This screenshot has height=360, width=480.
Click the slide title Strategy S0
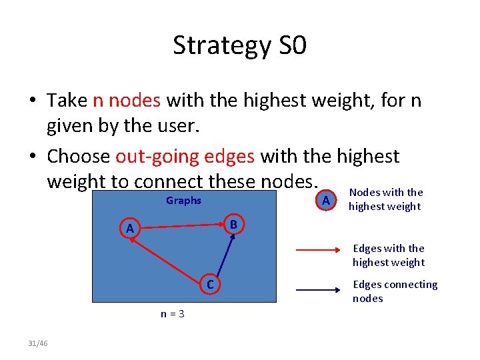point(239,46)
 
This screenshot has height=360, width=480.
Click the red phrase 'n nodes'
point(126,100)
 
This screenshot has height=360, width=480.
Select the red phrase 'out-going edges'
point(185,156)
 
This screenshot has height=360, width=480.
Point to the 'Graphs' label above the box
point(183,201)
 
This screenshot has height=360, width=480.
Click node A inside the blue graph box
point(131,229)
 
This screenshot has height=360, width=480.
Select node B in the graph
point(233,224)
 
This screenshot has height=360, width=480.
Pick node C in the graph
point(209,286)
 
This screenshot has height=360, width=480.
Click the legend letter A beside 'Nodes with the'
point(325,201)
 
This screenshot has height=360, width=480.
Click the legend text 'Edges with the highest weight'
point(388,255)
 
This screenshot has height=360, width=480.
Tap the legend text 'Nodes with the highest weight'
point(385,199)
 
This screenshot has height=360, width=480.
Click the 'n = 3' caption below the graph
point(173,313)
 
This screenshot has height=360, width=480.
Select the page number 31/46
point(38,343)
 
